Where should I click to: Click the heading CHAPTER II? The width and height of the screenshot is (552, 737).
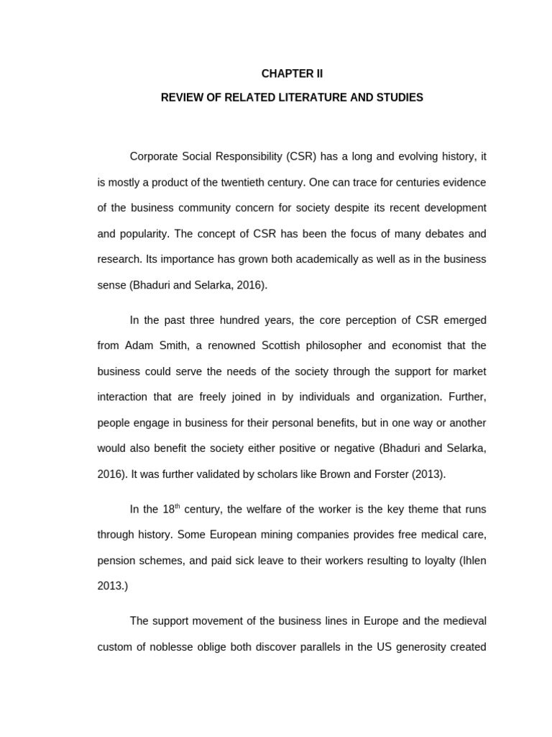(x=292, y=73)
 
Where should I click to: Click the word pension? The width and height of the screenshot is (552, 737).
(x=117, y=561)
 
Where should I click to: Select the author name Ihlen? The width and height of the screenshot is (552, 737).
(x=472, y=561)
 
